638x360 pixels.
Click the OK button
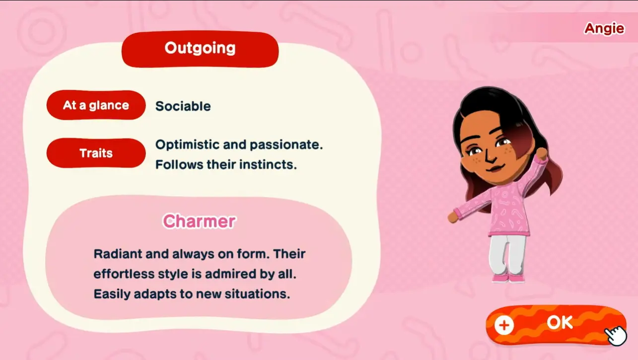[556, 324]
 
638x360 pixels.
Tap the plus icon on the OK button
[504, 326]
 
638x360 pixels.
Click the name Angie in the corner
[604, 28]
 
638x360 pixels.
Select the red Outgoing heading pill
[200, 49]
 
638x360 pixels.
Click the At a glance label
[96, 105]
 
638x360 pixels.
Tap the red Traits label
[96, 153]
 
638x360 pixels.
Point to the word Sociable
[183, 106]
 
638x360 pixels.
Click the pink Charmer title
[199, 221]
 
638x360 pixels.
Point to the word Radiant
[117, 254]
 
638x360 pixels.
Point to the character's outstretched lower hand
[452, 217]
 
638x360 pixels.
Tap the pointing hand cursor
[616, 336]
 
